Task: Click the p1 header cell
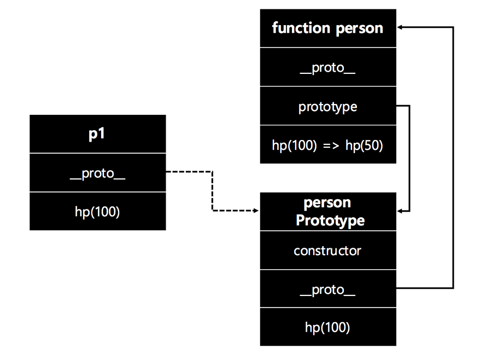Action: click(97, 134)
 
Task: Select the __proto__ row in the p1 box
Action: click(97, 173)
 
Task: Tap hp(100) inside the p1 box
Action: click(97, 212)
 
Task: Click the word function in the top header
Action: click(301, 28)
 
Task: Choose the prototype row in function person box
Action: click(327, 106)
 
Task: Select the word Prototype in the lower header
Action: click(330, 220)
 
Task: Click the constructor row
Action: click(327, 251)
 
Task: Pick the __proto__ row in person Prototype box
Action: click(327, 289)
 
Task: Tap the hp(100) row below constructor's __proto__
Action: click(327, 327)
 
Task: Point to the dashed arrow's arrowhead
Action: click(255, 211)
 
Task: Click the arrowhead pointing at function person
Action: click(401, 27)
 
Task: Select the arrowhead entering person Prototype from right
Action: click(401, 211)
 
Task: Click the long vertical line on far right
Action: click(453, 159)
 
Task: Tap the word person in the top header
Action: click(358, 28)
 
